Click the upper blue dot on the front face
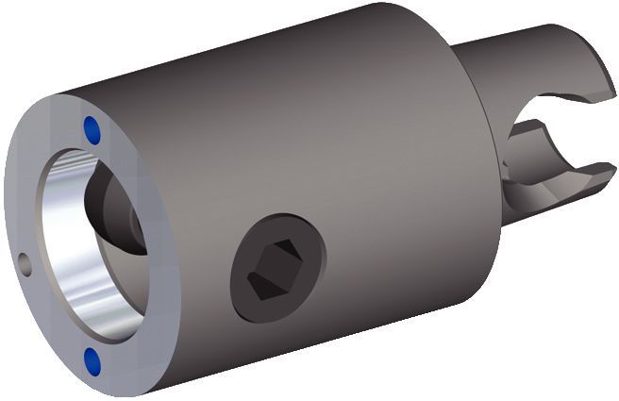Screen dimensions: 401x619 91,129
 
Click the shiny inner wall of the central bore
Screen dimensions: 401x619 80,274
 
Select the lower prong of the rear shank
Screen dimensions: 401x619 557,184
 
